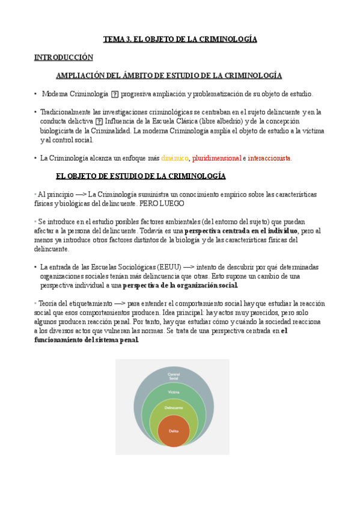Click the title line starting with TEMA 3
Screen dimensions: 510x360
(x=180, y=39)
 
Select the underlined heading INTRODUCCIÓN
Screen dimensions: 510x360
(x=64, y=58)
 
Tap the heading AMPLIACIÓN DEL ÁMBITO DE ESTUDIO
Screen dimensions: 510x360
(x=169, y=76)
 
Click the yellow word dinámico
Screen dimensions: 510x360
(x=175, y=158)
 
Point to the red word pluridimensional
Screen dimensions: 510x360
(x=216, y=158)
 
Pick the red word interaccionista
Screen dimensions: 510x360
(x=269, y=158)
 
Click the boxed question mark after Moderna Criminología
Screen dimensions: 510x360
(x=115, y=94)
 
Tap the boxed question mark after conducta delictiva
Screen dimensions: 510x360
(x=99, y=121)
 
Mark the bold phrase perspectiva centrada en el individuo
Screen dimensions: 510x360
(x=240, y=231)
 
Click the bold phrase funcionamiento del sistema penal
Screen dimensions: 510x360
(x=87, y=339)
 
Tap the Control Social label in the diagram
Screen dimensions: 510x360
(x=173, y=376)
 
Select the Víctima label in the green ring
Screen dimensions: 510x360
(x=173, y=392)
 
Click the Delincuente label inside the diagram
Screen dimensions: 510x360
(x=173, y=408)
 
